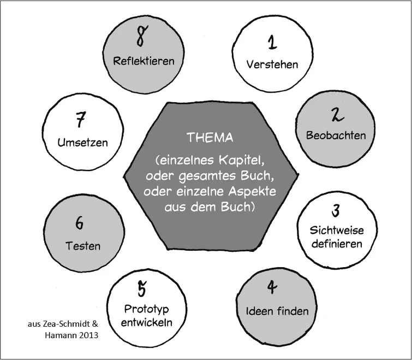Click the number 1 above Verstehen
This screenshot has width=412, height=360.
pyautogui.click(x=272, y=41)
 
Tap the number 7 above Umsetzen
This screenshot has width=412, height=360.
pyautogui.click(x=82, y=119)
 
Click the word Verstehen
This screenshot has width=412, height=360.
pyautogui.click(x=272, y=64)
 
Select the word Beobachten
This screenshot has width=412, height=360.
pyautogui.click(x=336, y=135)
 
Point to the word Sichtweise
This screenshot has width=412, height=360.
pyautogui.click(x=337, y=230)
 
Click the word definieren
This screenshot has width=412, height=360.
pyautogui.click(x=337, y=243)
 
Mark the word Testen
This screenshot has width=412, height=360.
pyautogui.click(x=83, y=246)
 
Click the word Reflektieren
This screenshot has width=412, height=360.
pyautogui.click(x=144, y=60)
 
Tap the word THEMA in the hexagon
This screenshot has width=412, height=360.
pyautogui.click(x=210, y=138)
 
